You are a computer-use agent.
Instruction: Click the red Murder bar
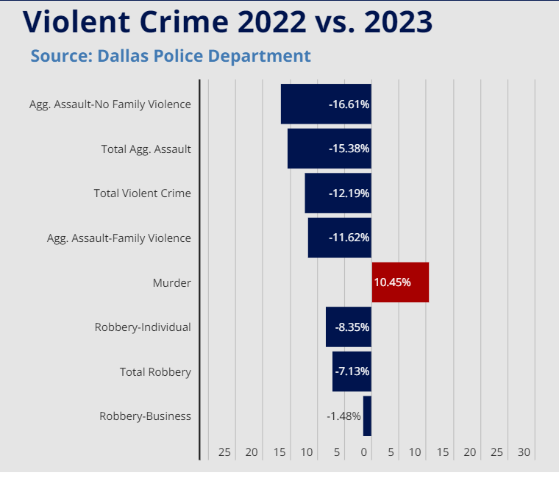click(x=400, y=282)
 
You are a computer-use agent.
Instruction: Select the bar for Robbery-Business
click(x=367, y=416)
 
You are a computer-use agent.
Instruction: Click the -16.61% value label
click(x=349, y=104)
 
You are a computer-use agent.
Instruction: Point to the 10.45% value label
click(x=392, y=282)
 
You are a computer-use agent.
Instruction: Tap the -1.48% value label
click(x=343, y=416)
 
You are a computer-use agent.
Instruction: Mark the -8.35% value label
click(x=352, y=327)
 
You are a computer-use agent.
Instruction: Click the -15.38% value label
click(x=349, y=149)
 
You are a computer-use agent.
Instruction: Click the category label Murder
click(x=171, y=283)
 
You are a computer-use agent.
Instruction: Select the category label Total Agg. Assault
click(x=146, y=149)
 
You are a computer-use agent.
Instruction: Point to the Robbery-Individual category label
click(x=143, y=327)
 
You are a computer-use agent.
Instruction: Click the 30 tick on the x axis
click(x=524, y=452)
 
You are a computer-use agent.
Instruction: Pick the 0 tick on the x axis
click(x=365, y=452)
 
